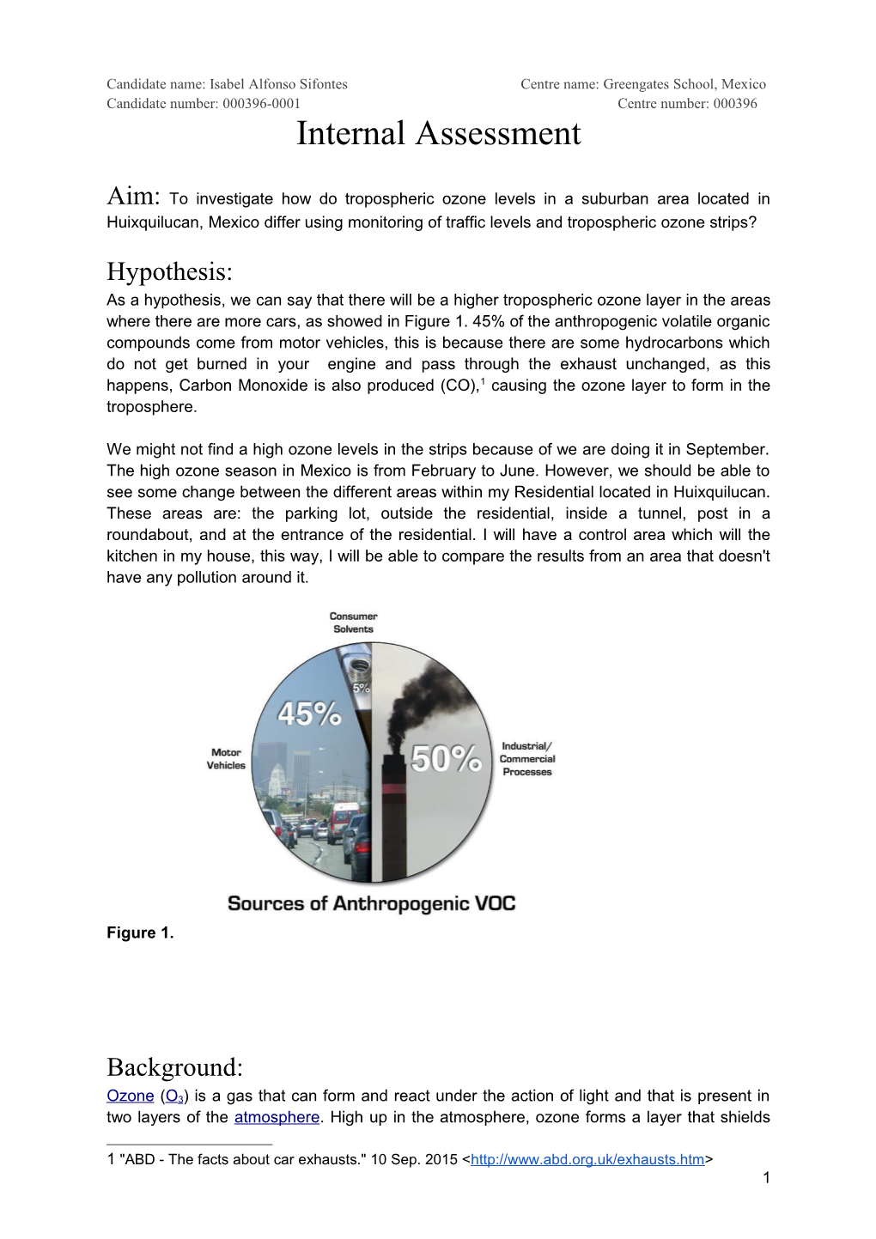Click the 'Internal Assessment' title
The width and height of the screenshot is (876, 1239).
click(x=438, y=134)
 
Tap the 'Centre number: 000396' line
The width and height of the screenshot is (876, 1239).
click(x=687, y=104)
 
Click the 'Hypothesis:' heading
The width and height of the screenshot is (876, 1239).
click(x=169, y=272)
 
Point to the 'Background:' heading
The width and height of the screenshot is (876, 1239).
click(x=174, y=1067)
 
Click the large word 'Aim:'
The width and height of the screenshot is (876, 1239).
click(x=133, y=197)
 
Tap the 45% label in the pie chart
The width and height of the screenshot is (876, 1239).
click(x=309, y=714)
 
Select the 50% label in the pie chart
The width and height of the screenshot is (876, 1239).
click(x=446, y=758)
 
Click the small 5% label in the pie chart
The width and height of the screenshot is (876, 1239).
click(x=361, y=688)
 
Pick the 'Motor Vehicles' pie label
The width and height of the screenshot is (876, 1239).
click(x=226, y=759)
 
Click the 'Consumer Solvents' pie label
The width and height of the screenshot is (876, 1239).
click(x=353, y=623)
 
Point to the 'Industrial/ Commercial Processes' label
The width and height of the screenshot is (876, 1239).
click(x=527, y=759)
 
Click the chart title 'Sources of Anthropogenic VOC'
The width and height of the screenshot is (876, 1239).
click(x=371, y=904)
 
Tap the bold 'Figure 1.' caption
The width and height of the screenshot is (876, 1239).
click(x=140, y=933)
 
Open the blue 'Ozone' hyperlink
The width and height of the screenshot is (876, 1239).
click(x=130, y=1096)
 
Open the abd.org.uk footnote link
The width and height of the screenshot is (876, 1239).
click(x=587, y=1160)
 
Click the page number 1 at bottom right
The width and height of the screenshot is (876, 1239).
click(x=766, y=1178)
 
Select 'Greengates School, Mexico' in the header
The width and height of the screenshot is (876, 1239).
click(x=684, y=84)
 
